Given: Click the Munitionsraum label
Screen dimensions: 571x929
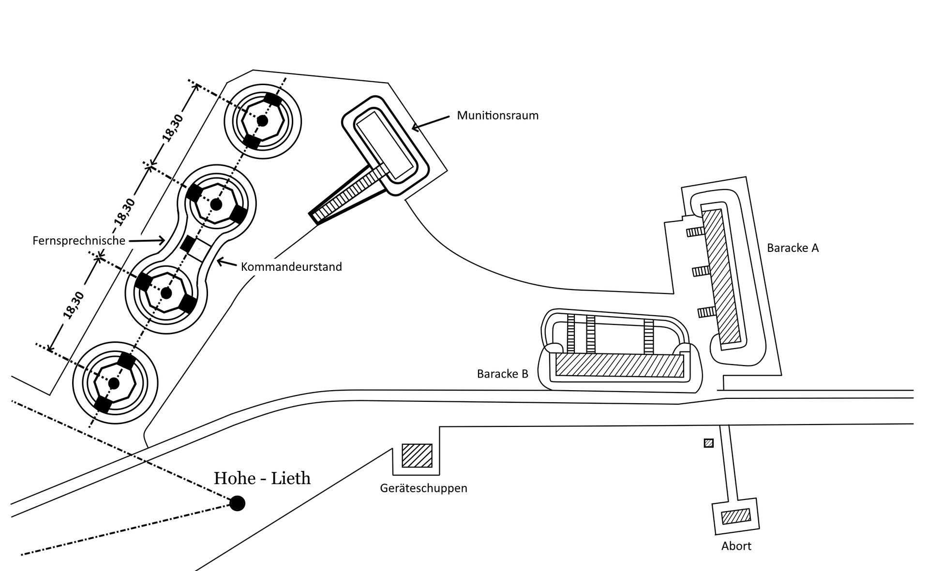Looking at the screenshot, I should pos(497,116).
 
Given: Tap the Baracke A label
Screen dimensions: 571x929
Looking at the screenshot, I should pos(793,248).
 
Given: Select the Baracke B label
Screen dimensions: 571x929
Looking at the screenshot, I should pos(502,374).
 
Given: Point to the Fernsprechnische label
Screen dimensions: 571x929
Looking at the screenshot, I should pos(79,240).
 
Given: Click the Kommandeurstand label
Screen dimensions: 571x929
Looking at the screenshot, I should pos(291,266).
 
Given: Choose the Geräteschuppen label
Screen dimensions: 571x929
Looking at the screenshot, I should pos(423,488).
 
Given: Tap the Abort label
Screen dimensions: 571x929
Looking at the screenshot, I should pos(736,546).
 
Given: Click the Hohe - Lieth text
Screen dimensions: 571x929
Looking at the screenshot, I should pos(262,478).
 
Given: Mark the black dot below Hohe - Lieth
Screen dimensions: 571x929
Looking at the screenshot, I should pos(237,503).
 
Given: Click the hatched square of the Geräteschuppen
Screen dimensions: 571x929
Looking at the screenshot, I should pos(417,455).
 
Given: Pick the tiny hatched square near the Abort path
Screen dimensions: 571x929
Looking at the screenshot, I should pos(708,443).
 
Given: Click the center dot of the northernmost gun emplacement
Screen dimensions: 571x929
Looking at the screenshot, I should pos(262,120).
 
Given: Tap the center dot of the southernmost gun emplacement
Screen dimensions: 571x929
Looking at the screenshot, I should pos(114,383).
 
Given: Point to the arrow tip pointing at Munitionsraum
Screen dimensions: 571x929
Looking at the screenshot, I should pos(413,129).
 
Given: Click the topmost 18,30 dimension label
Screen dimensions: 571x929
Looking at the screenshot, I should pos(173,128).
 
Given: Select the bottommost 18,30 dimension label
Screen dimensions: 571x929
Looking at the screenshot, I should pos(74,306).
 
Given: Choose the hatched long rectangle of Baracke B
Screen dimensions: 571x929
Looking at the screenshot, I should pos(620,366).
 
